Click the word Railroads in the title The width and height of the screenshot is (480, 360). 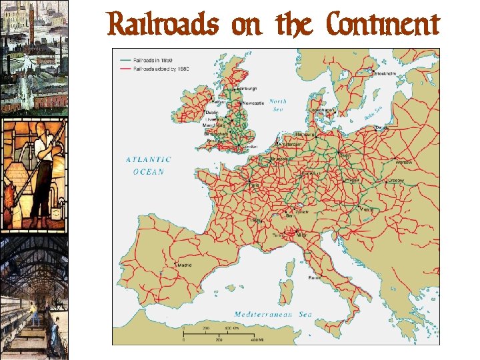tap(163, 25)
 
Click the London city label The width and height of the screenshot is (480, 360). tap(250, 146)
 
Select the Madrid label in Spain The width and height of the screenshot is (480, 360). tap(185, 265)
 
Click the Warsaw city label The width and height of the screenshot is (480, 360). tap(403, 162)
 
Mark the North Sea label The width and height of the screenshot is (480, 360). tap(278, 105)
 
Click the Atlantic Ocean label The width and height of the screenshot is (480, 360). tap(149, 165)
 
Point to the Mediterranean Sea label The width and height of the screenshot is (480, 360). tap(273, 314)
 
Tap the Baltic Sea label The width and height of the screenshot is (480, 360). tap(373, 114)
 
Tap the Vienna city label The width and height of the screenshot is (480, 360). tap(365, 207)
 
